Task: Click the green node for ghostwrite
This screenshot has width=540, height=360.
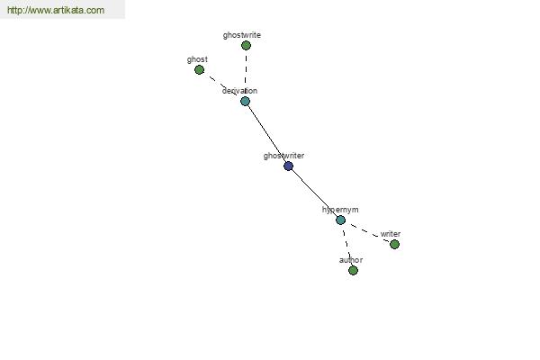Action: [246, 46]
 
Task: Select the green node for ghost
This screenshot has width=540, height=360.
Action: [200, 70]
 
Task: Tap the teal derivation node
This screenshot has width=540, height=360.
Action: [245, 102]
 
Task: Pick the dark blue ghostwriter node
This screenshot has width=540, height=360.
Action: [289, 166]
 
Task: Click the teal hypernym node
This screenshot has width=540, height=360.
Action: [340, 220]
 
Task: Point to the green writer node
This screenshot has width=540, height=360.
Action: [395, 245]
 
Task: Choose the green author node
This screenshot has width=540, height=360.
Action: [353, 270]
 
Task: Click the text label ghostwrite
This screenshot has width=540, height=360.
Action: [242, 35]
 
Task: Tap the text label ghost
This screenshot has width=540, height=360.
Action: [197, 59]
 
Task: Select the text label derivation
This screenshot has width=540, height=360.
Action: [239, 91]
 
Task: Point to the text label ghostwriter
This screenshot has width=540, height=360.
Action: [283, 156]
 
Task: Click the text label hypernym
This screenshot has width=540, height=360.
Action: [340, 210]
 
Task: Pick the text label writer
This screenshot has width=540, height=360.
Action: [391, 234]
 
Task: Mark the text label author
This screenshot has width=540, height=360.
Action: [351, 260]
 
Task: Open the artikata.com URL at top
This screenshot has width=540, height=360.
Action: [56, 10]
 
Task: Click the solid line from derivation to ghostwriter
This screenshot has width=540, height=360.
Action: [267, 134]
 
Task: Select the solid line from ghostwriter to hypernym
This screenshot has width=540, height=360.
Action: [315, 193]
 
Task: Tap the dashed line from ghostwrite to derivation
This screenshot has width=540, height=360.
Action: [246, 74]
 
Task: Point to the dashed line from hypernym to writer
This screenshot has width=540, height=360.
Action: [368, 232]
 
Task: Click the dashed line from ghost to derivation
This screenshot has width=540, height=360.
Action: [222, 85]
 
